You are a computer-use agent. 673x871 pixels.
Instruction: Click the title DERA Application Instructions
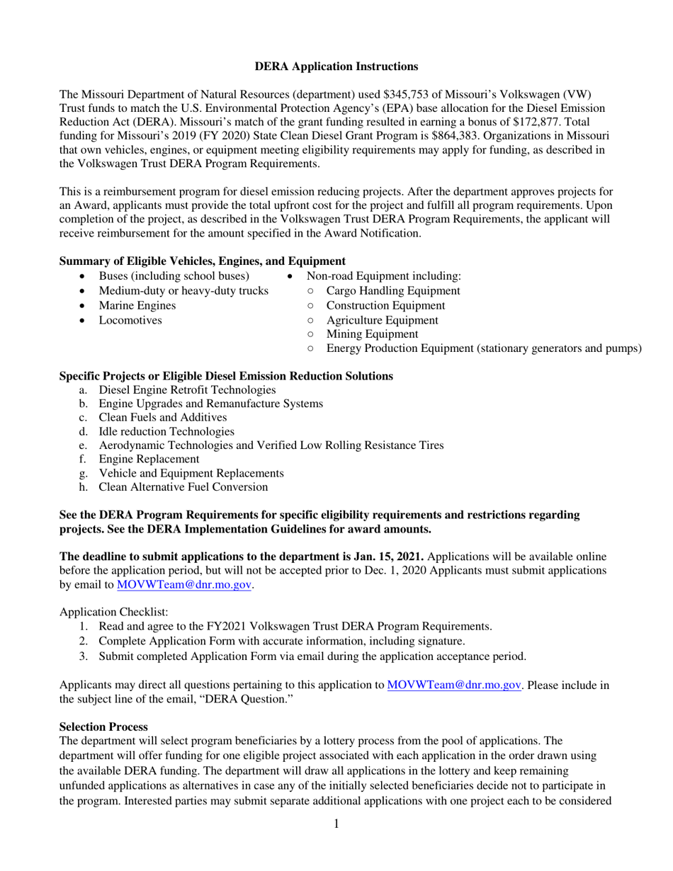(x=336, y=67)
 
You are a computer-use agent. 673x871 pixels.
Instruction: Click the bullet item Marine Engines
(x=137, y=305)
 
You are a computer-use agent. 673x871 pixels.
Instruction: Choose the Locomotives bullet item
(x=130, y=320)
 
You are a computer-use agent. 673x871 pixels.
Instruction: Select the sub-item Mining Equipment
(x=371, y=334)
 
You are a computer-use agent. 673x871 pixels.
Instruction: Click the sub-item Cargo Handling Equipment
(x=393, y=291)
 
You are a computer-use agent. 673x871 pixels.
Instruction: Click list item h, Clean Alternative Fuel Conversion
(x=183, y=486)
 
